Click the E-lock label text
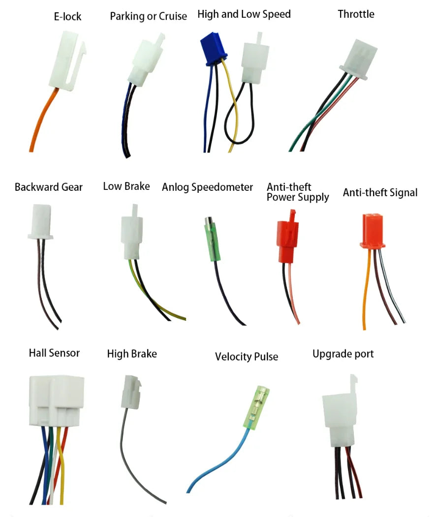tap(67, 17)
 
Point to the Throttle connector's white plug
tap(359, 60)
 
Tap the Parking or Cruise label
tap(149, 16)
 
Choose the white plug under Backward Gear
tap(40, 221)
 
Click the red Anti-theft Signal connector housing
tap(373, 231)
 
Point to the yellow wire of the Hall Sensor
tap(60, 465)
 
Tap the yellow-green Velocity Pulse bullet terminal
tap(256, 408)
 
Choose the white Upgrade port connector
tap(340, 414)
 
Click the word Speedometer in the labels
tap(222, 187)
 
